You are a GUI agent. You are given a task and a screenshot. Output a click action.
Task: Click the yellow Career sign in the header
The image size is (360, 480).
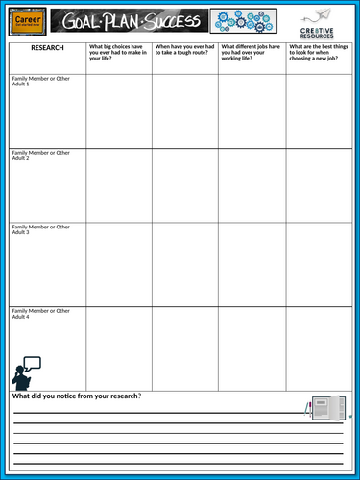[x=26, y=20]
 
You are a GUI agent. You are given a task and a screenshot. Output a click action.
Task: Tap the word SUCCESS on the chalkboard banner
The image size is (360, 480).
[x=174, y=20]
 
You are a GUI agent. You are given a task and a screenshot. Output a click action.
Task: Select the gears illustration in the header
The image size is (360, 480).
[x=243, y=20]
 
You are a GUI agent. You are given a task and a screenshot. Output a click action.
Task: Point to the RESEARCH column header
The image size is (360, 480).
[x=47, y=46]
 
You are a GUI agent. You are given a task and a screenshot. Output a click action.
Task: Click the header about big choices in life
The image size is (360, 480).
[x=118, y=53]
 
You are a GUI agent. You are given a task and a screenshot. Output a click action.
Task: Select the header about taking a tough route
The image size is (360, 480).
[x=184, y=53]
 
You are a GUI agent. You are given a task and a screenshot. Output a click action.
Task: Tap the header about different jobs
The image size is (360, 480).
[x=251, y=53]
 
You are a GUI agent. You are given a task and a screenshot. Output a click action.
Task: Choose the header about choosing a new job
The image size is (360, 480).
[x=318, y=53]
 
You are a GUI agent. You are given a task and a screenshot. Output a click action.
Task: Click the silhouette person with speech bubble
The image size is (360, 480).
[x=25, y=372]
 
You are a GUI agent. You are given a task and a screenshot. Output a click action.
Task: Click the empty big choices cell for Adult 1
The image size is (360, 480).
[x=118, y=109]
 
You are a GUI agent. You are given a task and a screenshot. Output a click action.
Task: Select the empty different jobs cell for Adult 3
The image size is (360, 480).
[x=251, y=264]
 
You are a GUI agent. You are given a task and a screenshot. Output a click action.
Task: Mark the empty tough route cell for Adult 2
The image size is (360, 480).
[x=184, y=184]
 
